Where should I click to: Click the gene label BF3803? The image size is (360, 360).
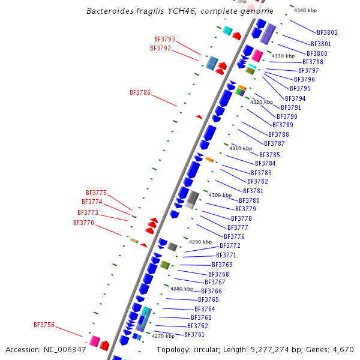[327, 32]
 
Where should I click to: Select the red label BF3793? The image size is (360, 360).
[164, 39]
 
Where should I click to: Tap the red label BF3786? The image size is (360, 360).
[140, 92]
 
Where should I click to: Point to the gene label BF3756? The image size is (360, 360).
[44, 325]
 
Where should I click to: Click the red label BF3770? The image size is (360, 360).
[83, 223]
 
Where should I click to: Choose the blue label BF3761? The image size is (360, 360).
[194, 334]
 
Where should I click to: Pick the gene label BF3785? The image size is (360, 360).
[269, 155]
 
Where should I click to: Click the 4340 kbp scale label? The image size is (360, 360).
[305, 10]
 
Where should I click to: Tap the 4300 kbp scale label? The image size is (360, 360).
[220, 195]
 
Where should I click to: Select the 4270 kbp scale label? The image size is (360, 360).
[163, 337]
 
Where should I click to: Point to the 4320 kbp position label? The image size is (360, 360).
[261, 102]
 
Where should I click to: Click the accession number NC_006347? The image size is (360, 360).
[65, 349]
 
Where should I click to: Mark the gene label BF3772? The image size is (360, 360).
[230, 245]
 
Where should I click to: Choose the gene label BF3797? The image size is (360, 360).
[308, 70]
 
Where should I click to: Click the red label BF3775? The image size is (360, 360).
[96, 193]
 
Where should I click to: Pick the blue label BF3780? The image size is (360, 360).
[249, 200]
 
